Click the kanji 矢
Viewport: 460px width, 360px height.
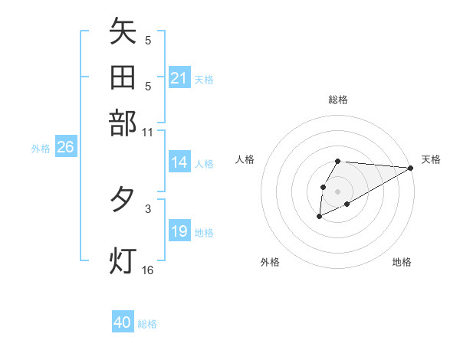123,33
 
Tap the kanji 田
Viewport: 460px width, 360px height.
123,77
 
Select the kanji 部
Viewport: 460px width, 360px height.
123,122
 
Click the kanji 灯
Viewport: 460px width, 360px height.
123,260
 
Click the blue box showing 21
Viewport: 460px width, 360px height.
179,78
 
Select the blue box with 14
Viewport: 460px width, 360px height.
179,162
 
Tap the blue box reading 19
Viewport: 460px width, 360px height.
179,231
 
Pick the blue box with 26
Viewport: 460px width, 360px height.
65,148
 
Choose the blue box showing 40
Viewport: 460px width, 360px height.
123,322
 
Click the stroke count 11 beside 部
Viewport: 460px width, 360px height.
148,132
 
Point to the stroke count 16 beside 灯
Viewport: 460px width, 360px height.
148,270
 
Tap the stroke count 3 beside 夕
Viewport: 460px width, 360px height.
147,208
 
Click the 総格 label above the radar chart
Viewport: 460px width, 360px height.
337,100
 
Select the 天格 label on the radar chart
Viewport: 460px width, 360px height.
431,159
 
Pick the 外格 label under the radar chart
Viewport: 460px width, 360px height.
270,262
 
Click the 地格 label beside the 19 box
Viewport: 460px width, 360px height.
204,232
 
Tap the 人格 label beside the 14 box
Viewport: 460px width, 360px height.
204,163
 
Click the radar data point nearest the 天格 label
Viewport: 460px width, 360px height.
410,168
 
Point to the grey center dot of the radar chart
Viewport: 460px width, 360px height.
337,190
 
